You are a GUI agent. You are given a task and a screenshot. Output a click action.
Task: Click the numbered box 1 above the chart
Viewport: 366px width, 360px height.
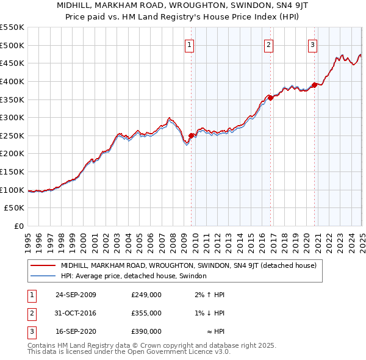(190, 44)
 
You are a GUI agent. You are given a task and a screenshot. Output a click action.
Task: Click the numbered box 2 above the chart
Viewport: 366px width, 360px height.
(268, 44)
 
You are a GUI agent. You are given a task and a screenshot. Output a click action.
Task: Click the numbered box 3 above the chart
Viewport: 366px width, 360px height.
(312, 44)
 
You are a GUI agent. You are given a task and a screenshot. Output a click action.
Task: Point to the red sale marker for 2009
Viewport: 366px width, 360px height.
(192, 135)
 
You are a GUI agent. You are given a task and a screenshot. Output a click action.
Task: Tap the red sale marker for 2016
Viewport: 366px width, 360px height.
(271, 97)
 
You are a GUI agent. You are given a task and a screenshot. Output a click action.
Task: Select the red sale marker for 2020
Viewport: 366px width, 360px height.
(315, 84)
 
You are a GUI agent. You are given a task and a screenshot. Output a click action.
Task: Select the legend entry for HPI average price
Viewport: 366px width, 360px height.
(134, 276)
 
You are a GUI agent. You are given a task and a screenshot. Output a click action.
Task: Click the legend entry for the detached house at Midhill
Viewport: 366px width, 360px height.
(188, 266)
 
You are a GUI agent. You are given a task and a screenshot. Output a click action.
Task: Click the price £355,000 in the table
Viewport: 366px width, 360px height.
(146, 314)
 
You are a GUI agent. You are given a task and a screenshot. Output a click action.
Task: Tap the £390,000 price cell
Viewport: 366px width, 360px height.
(146, 332)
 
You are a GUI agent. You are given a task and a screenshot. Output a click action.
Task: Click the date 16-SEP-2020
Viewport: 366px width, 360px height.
(76, 332)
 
